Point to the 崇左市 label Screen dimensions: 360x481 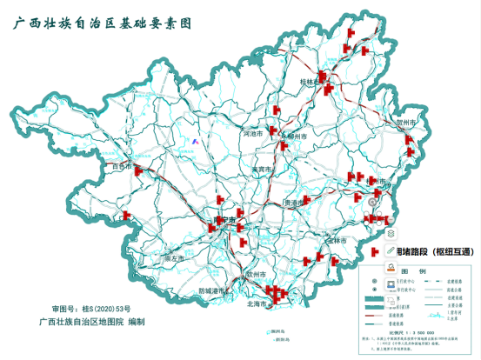(x=176, y=258)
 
